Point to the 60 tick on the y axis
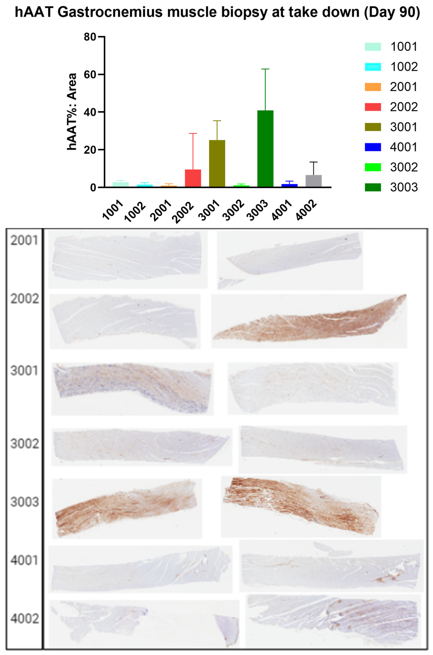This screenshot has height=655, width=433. pyautogui.click(x=103, y=74)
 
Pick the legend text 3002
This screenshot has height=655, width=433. pyautogui.click(x=404, y=167)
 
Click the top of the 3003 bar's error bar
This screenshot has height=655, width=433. pyautogui.click(x=265, y=69)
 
